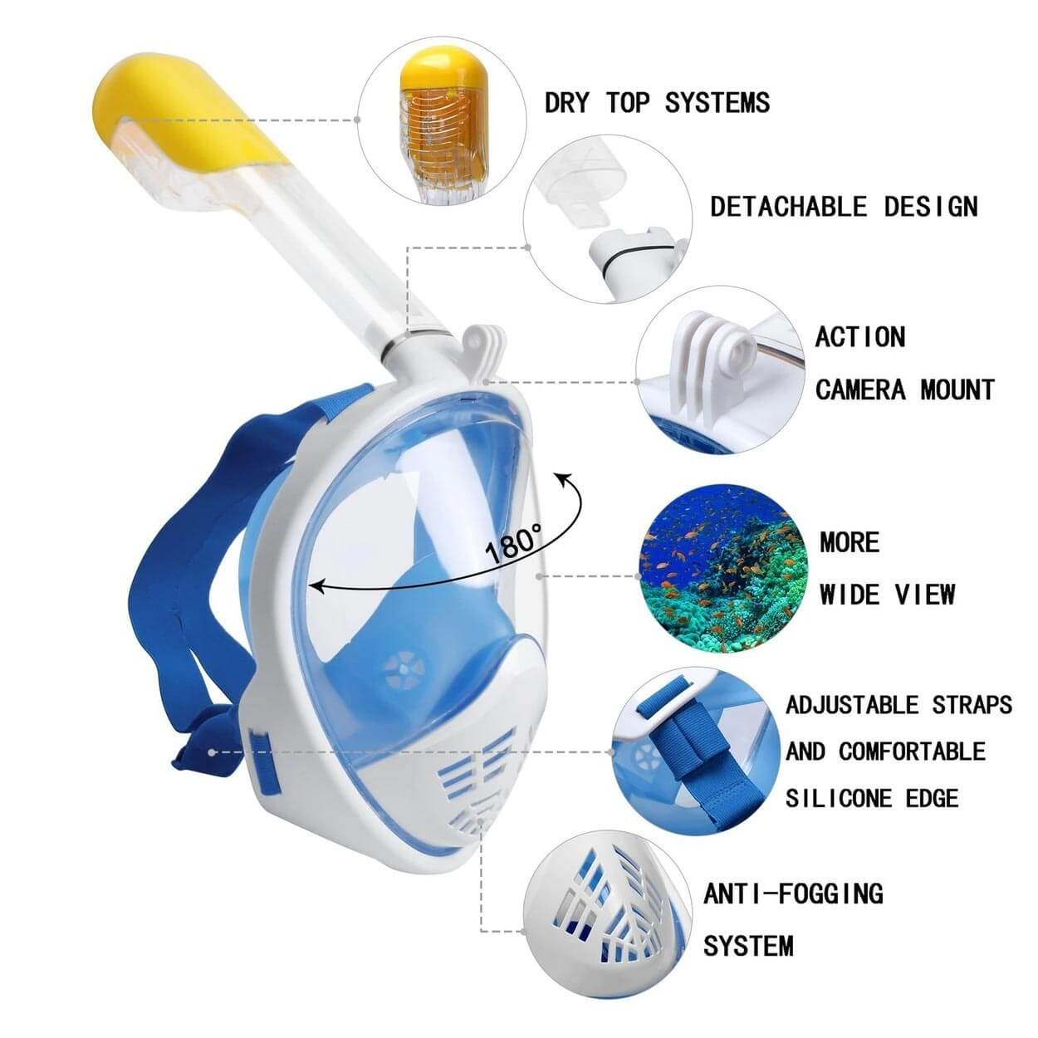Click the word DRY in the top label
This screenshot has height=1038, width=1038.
566,103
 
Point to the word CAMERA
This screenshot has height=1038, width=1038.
860,389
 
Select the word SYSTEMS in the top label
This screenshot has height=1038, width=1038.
717,103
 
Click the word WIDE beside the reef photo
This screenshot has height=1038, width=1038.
851,595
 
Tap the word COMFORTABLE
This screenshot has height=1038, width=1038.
912,752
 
